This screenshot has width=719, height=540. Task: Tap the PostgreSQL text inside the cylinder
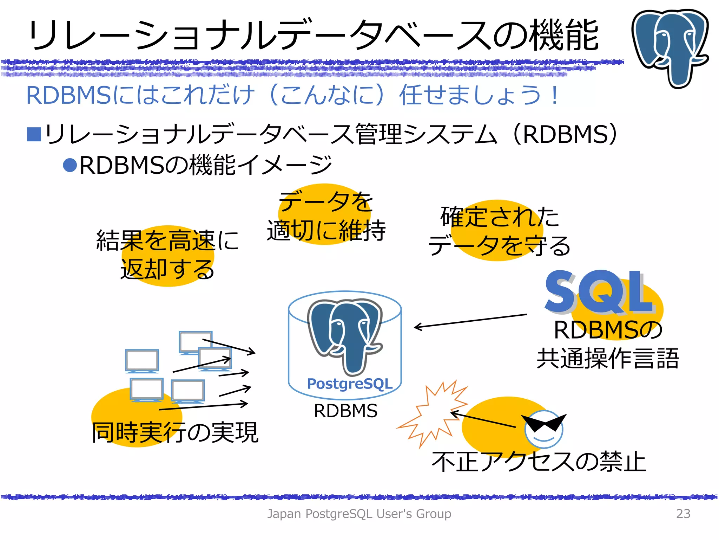tap(350, 384)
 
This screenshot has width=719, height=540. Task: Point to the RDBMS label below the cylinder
tap(346, 411)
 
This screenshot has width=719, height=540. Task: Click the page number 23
tap(683, 514)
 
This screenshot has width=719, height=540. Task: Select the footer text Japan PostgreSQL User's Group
tap(359, 514)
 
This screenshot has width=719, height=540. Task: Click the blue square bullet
tap(34, 134)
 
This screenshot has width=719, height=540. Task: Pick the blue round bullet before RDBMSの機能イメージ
tap(70, 165)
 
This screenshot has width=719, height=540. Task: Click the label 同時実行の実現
tap(175, 432)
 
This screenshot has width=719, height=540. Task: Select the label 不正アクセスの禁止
tap(539, 462)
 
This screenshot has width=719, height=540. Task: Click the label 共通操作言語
tap(608, 359)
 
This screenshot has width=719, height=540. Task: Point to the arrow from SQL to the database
tap(470, 321)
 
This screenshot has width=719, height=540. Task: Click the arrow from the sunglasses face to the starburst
tap(483, 419)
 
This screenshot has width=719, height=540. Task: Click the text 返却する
tap(167, 270)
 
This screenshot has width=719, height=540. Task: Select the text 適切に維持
tap(326, 231)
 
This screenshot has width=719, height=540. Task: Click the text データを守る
tap(499, 246)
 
